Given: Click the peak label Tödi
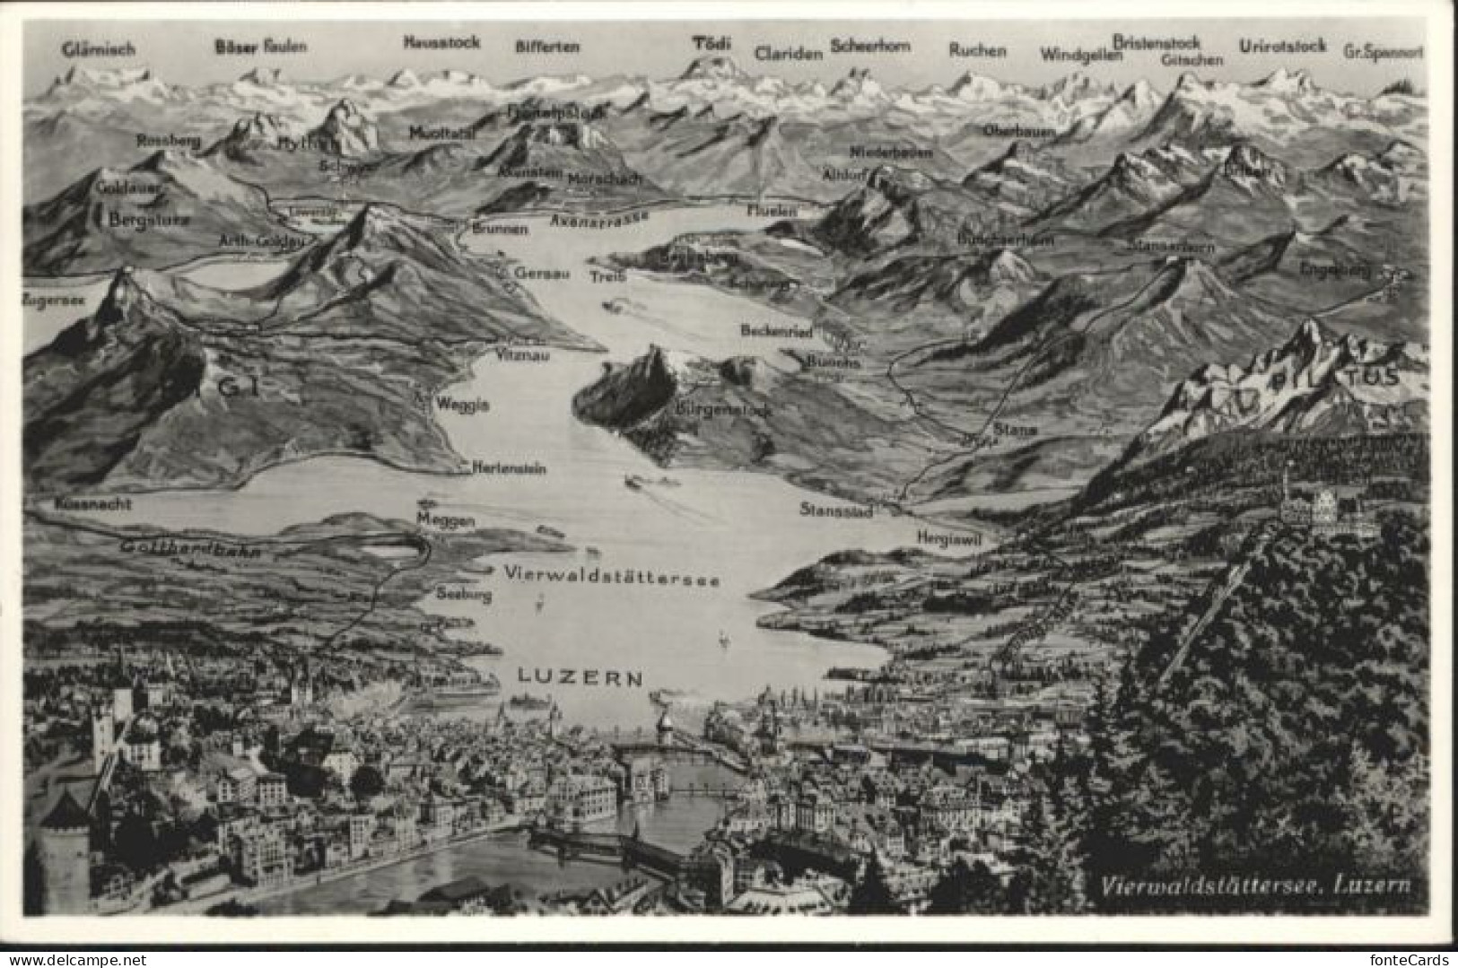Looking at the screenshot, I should click(x=712, y=42).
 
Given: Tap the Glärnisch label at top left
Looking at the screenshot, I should click(x=99, y=49).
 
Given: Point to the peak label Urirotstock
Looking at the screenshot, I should click(x=1281, y=46).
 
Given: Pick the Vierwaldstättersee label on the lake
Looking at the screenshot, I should click(x=612, y=577).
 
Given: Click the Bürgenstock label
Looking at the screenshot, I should click(x=721, y=409).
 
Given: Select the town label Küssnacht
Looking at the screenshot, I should click(x=92, y=504).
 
